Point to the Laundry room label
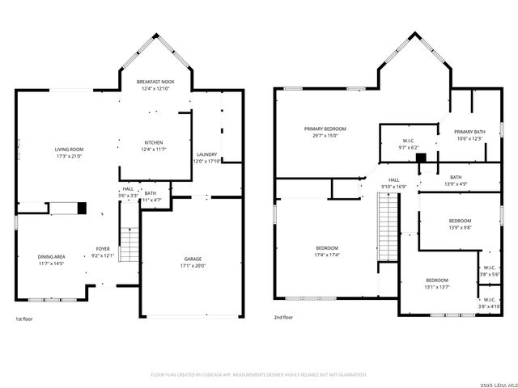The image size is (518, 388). point(206,154)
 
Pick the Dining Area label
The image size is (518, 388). point(51,256)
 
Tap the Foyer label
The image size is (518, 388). point(103,249)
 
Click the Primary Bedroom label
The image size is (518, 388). point(325,129)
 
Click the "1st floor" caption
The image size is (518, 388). point(24,318)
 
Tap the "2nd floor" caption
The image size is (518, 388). point(283,318)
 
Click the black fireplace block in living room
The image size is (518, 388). point(82,208)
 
